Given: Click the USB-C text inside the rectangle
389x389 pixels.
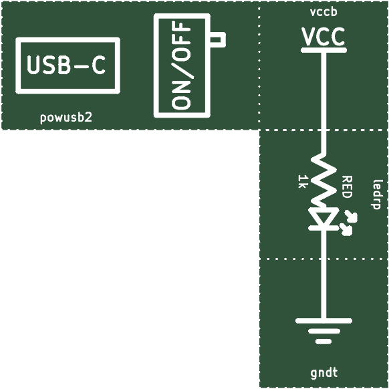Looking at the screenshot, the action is [66, 65].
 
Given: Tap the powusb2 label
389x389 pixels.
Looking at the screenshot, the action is [66, 118].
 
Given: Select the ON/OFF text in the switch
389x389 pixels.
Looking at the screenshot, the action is [182, 66].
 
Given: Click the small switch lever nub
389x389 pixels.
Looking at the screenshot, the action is [218, 39].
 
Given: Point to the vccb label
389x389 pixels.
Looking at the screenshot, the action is [323, 12].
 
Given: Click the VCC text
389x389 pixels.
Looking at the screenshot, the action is [323, 37].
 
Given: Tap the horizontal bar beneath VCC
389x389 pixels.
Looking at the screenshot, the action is [323, 50].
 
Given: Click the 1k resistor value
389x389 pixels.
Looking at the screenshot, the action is [303, 181].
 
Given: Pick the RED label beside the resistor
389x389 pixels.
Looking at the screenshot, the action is [347, 186].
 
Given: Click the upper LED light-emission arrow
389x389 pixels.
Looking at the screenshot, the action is [351, 216].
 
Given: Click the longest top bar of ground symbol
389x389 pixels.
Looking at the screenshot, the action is [323, 321].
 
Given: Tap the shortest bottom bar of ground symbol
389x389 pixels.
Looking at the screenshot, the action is [323, 342].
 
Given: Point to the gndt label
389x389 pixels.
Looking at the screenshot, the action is [324, 373].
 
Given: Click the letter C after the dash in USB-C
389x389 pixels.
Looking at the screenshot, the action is [99, 65].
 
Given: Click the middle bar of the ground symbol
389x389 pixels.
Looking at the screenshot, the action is [323, 332].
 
